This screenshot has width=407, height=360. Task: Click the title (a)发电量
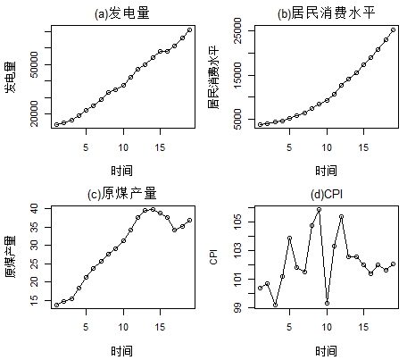[x=123, y=13]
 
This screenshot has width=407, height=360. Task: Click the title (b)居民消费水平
[x=326, y=13]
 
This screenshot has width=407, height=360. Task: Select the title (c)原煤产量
[x=123, y=193]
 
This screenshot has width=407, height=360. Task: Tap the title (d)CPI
[x=326, y=193]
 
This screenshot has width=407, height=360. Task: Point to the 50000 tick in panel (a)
[x=34, y=65]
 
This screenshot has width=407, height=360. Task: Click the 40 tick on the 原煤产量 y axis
[x=34, y=208]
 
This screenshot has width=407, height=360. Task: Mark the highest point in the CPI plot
[x=320, y=209]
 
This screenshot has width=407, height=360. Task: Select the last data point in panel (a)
[x=189, y=29]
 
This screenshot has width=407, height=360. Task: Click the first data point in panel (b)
[x=260, y=125]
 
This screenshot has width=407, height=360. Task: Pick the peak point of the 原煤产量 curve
[x=154, y=209]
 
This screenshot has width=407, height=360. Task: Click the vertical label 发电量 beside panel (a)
[x=10, y=78]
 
